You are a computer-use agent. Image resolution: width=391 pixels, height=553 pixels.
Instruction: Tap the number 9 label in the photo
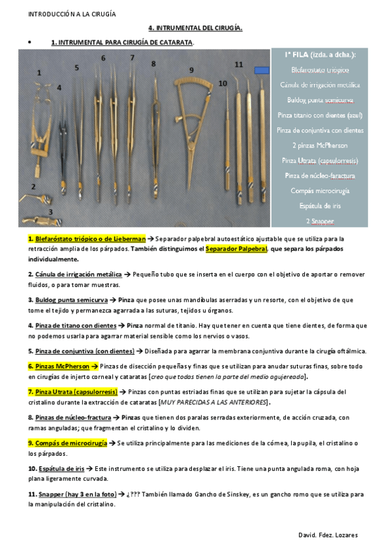(191, 70)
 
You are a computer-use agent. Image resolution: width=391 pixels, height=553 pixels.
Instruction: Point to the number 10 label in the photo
(223, 83)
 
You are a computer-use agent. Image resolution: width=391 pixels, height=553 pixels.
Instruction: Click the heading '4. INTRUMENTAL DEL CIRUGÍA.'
(195, 28)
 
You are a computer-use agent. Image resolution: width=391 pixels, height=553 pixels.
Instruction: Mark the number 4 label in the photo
(59, 87)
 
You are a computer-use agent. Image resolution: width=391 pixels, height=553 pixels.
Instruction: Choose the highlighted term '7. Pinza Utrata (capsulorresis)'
(72, 392)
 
